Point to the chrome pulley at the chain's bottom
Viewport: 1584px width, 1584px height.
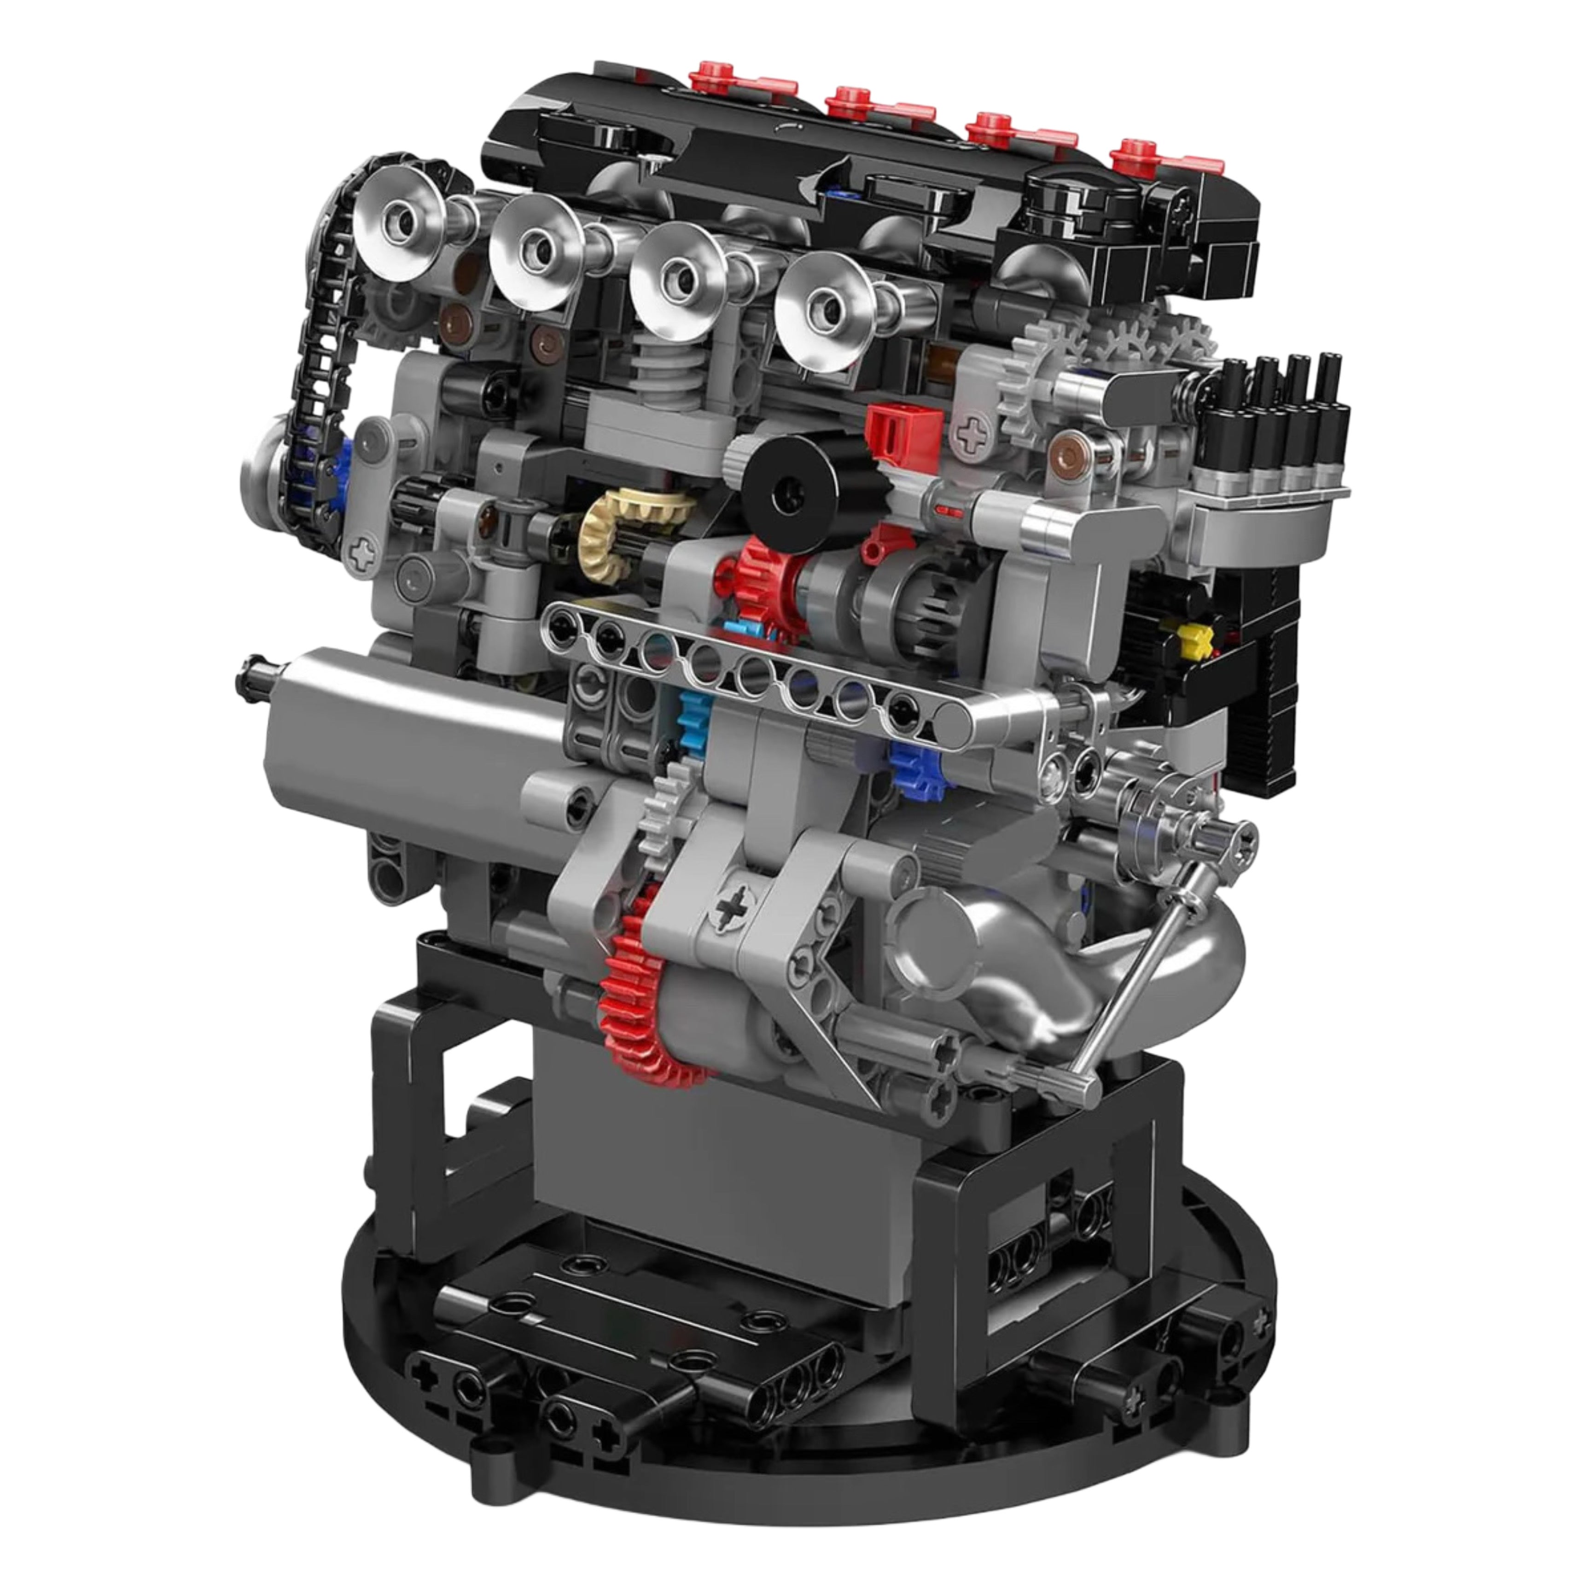pos(271,476)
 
